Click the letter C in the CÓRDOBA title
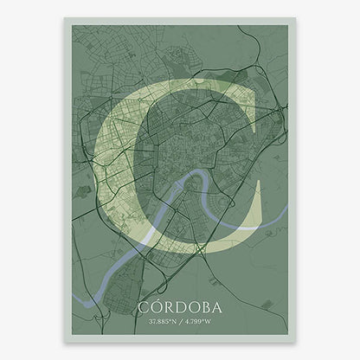tap(142, 307)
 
